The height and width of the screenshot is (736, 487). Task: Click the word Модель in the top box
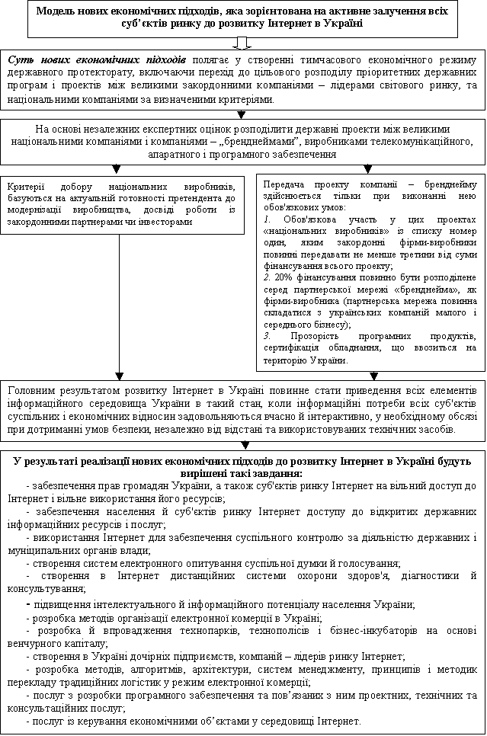coord(59,12)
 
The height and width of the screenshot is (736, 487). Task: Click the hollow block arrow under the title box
coord(242,42)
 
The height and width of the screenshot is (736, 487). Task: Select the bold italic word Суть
coord(20,59)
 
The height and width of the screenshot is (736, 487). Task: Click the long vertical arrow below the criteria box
coord(119,305)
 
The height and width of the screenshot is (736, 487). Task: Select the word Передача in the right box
coord(284,184)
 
